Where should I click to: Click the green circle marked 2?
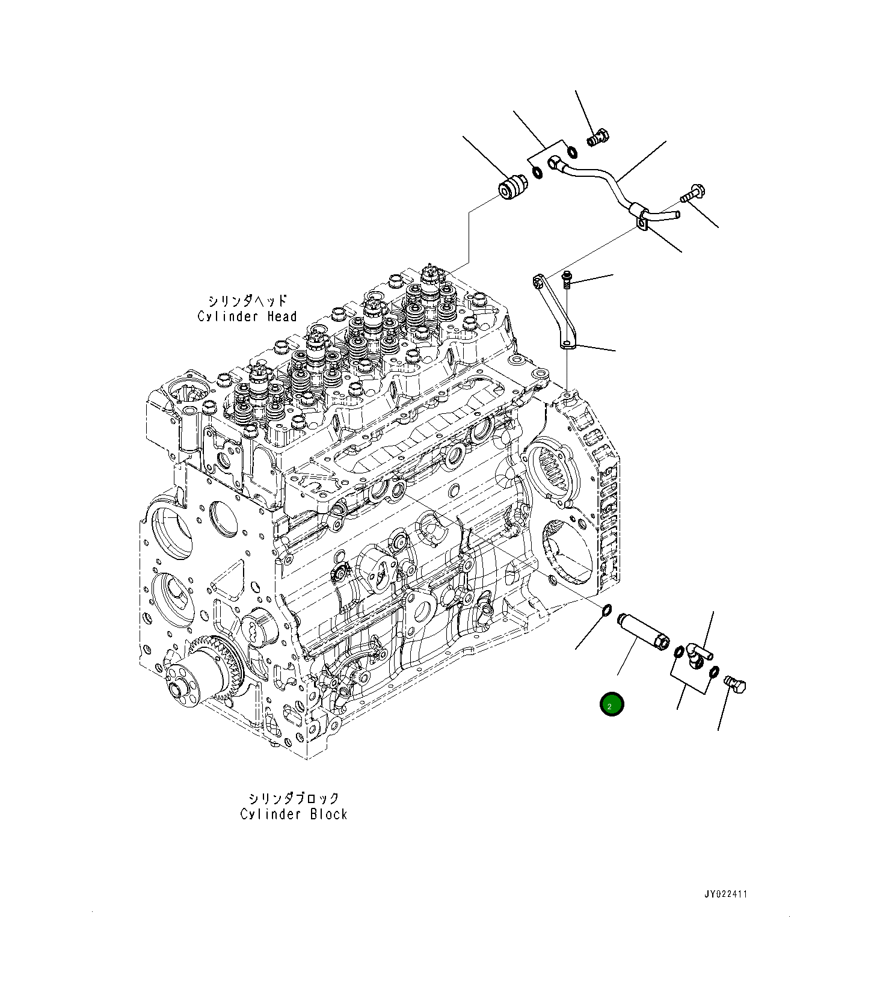coord(611,705)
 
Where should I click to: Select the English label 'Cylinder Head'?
coord(247,316)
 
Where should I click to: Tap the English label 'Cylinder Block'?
coord(294,815)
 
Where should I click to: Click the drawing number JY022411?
coord(725,895)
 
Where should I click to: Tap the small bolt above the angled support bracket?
coord(566,279)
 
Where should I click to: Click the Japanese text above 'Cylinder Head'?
coord(247,300)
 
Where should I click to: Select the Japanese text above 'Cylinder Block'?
coord(294,798)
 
